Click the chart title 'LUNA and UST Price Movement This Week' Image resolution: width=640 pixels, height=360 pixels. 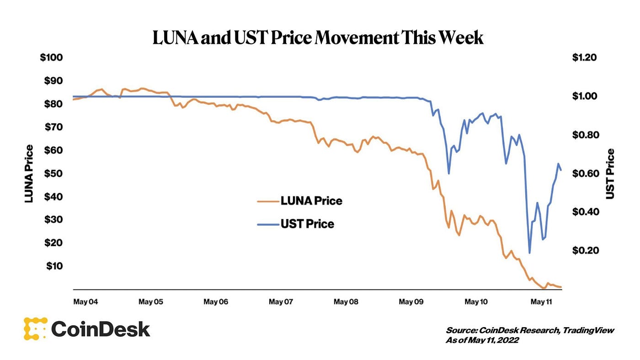[x=318, y=38]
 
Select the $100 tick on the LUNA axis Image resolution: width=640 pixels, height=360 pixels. [x=52, y=58]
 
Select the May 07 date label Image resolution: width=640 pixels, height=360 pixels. [x=281, y=302]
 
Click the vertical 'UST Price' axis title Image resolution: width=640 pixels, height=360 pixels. [x=610, y=174]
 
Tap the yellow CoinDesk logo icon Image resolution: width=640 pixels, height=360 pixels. [x=35, y=328]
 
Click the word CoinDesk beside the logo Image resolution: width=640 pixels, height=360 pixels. [x=101, y=329]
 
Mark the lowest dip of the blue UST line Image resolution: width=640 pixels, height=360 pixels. [x=529, y=253]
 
